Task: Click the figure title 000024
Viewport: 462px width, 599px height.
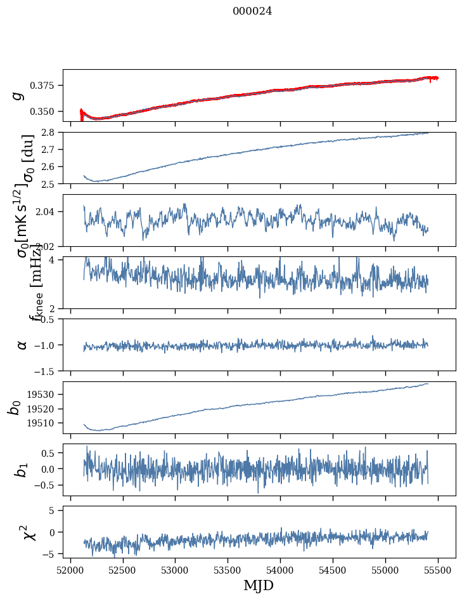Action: [252, 11]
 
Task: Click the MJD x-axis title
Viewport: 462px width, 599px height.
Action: [259, 586]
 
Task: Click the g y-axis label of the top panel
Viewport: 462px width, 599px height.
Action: [18, 95]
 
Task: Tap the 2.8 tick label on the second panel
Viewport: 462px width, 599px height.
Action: [52, 133]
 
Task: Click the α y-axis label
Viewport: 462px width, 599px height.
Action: [22, 345]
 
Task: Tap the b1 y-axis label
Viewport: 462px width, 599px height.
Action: [21, 470]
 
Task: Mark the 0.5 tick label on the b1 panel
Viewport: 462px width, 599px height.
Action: [50, 453]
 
